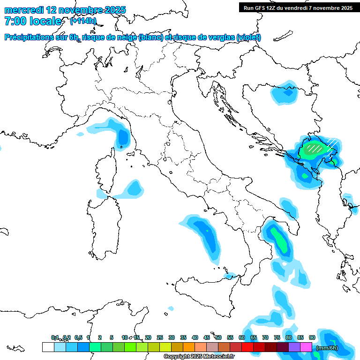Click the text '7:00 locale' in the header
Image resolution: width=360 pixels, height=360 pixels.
[32, 21]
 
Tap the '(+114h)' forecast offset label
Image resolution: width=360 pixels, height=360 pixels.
[83, 21]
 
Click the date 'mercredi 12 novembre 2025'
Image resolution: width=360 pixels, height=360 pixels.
[65, 10]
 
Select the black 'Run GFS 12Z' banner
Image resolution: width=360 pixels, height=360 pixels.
[298, 7]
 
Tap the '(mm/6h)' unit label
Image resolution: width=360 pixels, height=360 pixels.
[327, 348]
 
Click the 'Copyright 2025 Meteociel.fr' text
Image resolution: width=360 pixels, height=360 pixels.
[199, 357]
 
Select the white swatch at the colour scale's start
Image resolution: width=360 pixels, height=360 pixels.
[48, 347]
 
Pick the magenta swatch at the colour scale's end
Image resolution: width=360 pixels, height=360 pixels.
[306, 347]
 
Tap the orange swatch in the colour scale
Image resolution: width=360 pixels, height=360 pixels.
[189, 347]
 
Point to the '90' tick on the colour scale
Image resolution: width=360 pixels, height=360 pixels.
[312, 337]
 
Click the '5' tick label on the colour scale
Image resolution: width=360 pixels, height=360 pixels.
[112, 337]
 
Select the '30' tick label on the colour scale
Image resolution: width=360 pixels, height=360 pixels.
[172, 337]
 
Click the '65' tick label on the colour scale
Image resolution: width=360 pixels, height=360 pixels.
[254, 337]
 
